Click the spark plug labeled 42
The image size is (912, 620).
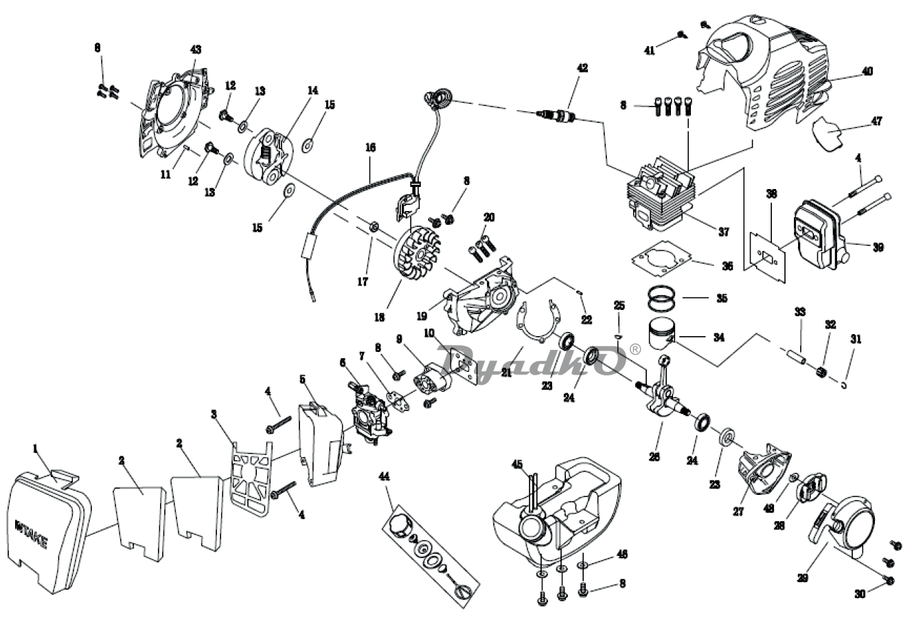558,115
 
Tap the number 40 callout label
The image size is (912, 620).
867,71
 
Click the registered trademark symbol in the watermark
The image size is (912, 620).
635,349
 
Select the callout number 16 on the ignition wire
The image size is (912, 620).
370,147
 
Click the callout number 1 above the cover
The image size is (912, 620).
35,448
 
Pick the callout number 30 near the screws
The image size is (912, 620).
860,593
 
